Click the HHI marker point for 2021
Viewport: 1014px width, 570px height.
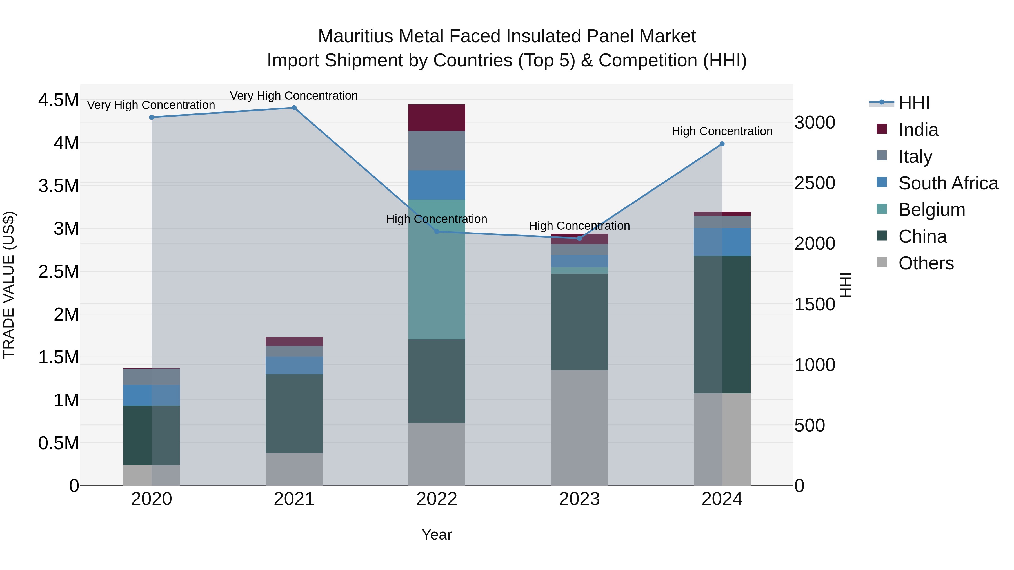tap(294, 108)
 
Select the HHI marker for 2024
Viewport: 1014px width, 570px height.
tap(722, 144)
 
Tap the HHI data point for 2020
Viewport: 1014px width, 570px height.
tap(152, 117)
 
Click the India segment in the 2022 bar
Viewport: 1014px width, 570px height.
tap(437, 118)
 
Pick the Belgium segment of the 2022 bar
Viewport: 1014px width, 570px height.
tap(437, 269)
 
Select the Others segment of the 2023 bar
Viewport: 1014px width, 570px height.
tap(579, 428)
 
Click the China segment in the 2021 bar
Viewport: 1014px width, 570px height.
tap(294, 414)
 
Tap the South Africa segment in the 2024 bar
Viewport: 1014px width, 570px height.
tap(722, 242)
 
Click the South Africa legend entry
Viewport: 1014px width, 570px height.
tap(948, 183)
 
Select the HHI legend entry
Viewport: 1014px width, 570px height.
tap(914, 103)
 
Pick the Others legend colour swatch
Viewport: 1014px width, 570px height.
tap(882, 262)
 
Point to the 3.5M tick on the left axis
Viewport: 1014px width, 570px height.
tap(59, 186)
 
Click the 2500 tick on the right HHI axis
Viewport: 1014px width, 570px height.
tap(814, 183)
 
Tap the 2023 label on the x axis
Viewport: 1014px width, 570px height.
tap(579, 499)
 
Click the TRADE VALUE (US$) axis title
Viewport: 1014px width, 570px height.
tap(9, 285)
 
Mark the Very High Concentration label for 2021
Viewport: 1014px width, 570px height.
tap(294, 96)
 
